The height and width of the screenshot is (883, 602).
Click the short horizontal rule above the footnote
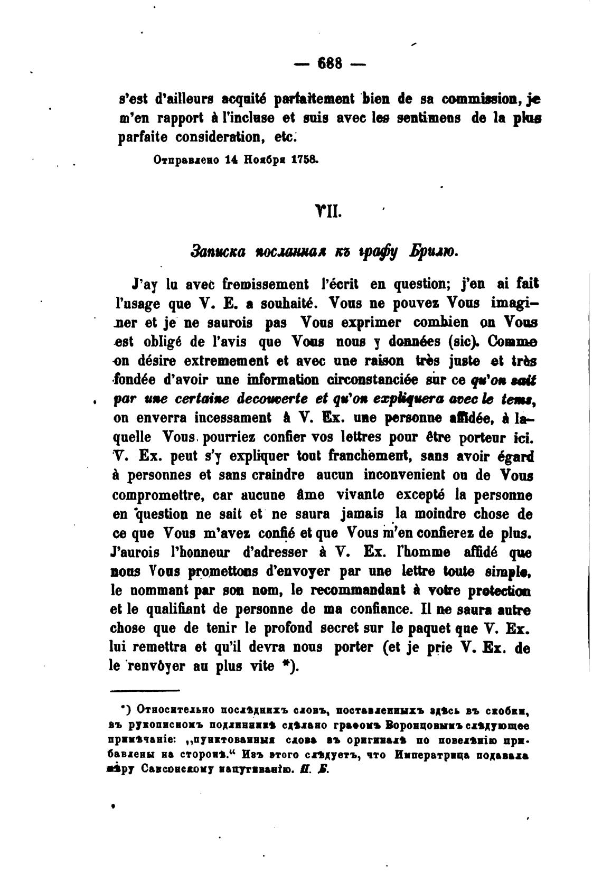(x=145, y=690)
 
